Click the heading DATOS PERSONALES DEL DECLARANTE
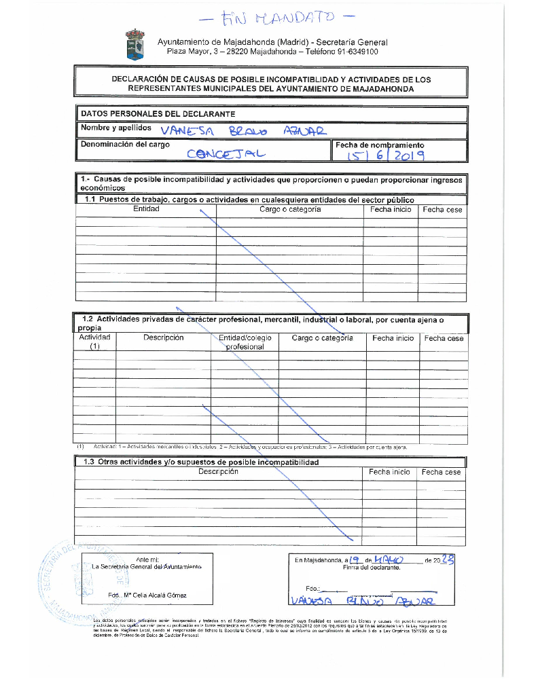coord(158,113)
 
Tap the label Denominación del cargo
coord(125,145)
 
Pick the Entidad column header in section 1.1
coord(146,209)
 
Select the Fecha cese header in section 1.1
coord(442,210)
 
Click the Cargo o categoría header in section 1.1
coord(290,209)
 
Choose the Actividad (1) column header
coord(94,342)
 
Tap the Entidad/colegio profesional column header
coord(245,342)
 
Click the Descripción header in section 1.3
coord(218,471)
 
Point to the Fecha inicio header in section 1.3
coord(389,472)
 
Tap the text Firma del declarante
coord(372,568)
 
